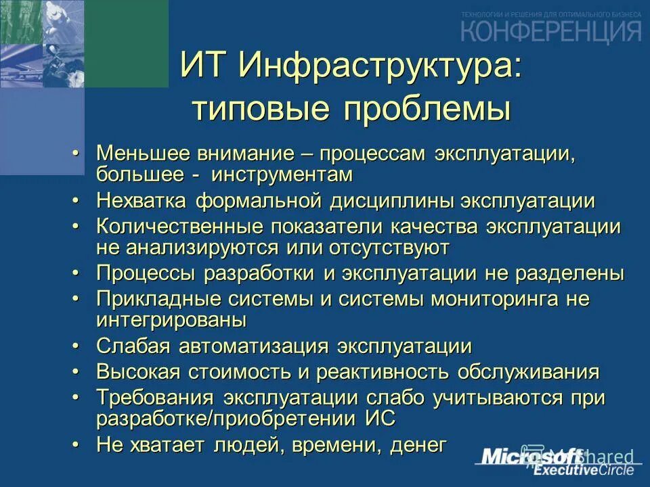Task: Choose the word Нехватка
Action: [142, 200]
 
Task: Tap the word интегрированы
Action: [171, 320]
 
